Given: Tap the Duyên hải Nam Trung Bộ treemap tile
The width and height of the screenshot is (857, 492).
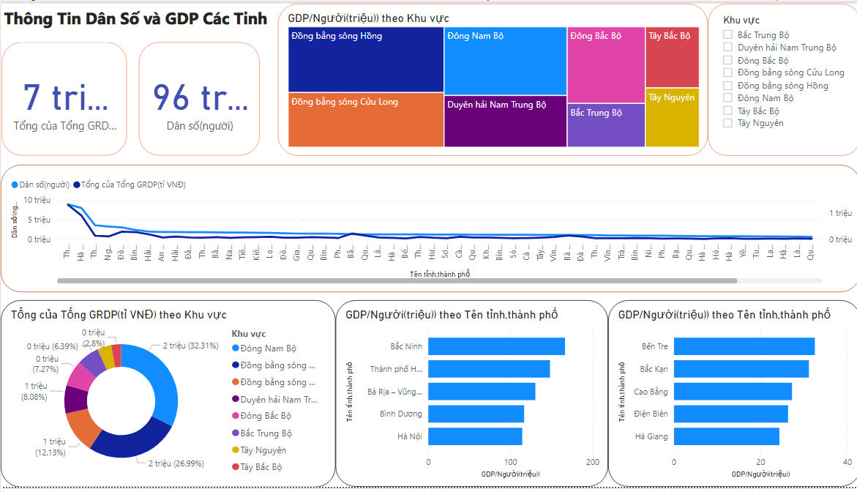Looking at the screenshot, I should click(505, 122).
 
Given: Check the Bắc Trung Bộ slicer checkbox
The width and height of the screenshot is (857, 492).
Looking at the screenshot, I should click(727, 35).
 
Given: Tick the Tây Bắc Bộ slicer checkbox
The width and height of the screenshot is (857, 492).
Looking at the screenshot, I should click(727, 111).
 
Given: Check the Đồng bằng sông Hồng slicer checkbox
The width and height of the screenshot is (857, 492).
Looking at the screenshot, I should click(727, 86).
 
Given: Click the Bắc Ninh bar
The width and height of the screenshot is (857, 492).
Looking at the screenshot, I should click(496, 346).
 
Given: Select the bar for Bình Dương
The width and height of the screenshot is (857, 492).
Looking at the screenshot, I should click(476, 414).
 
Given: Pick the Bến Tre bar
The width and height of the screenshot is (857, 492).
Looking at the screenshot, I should click(744, 346).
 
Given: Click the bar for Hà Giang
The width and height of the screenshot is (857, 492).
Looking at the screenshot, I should click(727, 436).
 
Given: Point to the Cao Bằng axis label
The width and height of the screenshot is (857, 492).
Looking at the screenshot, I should click(651, 392).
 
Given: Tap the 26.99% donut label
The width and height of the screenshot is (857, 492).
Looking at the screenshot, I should click(176, 463).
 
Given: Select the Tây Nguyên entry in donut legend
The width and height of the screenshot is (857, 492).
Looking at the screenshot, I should click(263, 450).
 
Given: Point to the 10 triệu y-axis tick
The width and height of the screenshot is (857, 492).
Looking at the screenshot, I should click(37, 200).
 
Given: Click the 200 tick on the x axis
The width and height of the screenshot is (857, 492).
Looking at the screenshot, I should click(593, 463).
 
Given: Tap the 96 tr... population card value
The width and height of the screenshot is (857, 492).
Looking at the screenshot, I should click(200, 97).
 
